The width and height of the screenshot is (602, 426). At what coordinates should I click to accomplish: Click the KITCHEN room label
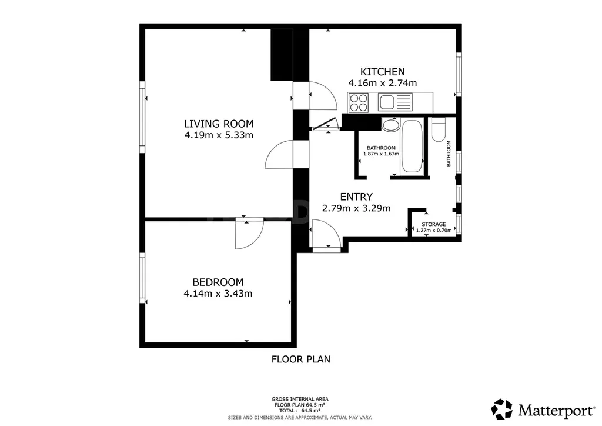pos(382,72)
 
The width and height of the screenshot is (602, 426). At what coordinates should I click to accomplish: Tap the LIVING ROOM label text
pos(219,124)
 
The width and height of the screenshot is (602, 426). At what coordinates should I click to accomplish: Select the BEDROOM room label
pos(218,282)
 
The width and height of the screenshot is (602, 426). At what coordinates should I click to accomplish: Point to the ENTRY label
pos(356,197)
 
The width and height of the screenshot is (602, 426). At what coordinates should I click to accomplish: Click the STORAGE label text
pos(434,224)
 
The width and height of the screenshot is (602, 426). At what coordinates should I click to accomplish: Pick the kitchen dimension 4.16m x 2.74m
pos(382,83)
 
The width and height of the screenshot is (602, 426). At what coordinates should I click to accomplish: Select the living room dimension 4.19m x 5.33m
pos(219,135)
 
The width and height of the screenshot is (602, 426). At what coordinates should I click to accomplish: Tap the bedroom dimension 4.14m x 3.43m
pos(218,294)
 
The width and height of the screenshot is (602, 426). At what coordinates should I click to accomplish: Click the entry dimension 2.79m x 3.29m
pos(356,208)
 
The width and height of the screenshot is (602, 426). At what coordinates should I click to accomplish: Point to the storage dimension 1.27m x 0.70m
pos(434,231)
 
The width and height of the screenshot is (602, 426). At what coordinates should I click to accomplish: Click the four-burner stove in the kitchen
pos(359,102)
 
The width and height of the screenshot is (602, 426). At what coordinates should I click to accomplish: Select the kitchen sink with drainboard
pos(395,102)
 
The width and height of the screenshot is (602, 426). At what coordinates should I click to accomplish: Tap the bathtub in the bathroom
pos(412,147)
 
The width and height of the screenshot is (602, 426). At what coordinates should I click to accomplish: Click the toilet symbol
pos(439,130)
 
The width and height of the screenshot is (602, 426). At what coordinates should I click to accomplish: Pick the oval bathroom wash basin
pos(391,125)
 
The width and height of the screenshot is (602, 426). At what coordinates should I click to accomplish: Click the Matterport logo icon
pos(502,410)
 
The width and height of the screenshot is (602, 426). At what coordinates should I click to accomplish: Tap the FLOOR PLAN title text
pos(301,359)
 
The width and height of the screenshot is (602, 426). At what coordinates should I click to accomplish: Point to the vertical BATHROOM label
pos(449,154)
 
